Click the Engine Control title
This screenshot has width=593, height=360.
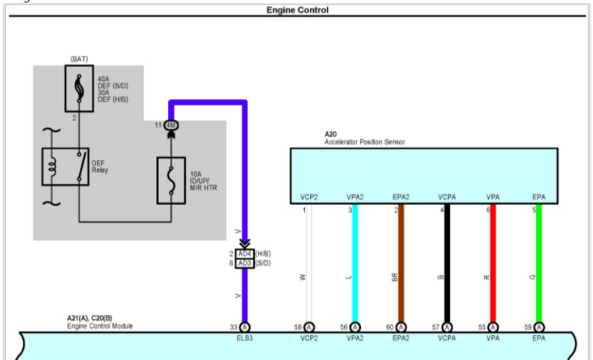click(x=297, y=10)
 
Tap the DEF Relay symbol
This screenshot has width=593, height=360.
click(x=65, y=166)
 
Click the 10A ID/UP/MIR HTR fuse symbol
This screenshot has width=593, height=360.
click(x=171, y=180)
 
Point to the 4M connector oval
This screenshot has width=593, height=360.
click(x=171, y=126)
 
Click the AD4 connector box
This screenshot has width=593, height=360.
click(x=245, y=254)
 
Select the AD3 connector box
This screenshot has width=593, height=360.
click(x=245, y=263)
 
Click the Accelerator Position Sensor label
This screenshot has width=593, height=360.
click(x=364, y=142)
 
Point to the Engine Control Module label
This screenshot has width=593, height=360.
click(x=100, y=326)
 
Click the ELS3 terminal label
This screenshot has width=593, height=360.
click(x=245, y=337)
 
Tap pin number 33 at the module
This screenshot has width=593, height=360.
click(x=233, y=327)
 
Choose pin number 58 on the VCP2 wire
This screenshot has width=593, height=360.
click(x=297, y=327)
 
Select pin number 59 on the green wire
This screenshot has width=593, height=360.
click(x=528, y=327)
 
